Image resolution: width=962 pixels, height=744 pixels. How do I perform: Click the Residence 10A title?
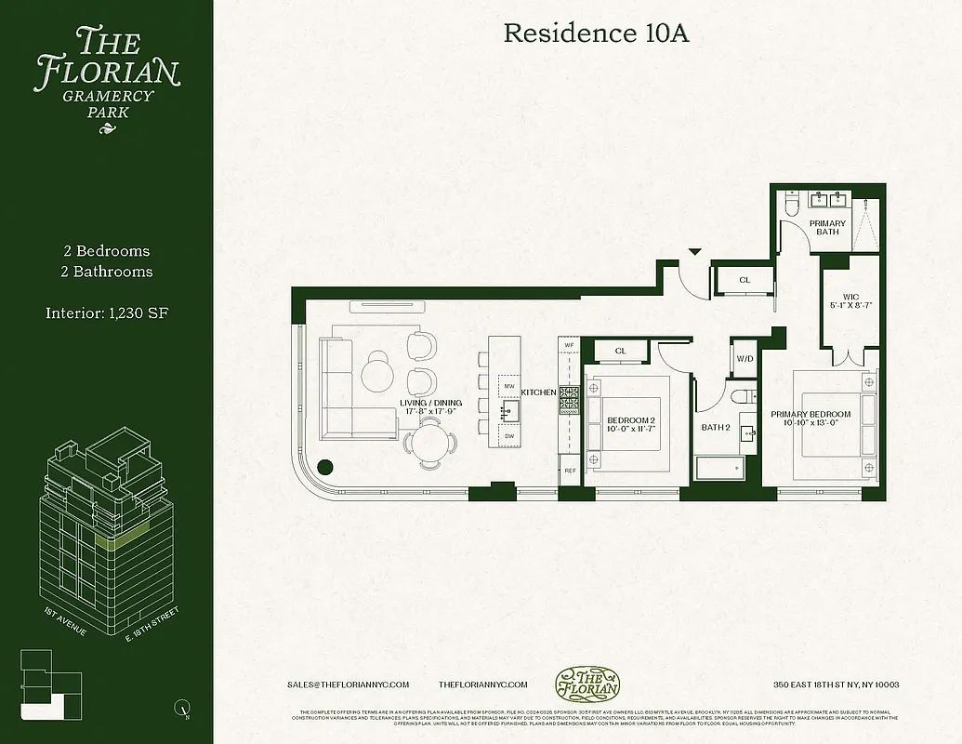pyautogui.click(x=596, y=33)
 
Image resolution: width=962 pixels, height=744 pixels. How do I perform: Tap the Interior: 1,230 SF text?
pyautogui.click(x=107, y=312)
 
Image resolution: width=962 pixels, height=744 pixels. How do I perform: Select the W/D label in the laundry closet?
pyautogui.click(x=745, y=358)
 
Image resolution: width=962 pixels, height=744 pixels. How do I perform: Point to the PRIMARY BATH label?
pyautogui.click(x=827, y=228)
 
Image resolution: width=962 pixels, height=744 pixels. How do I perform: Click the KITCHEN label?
pyautogui.click(x=538, y=392)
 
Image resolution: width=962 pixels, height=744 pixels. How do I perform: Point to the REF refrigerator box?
pyautogui.click(x=569, y=472)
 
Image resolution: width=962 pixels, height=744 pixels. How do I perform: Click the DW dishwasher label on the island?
pyautogui.click(x=508, y=435)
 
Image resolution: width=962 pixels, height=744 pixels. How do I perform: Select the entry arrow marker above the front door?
pyautogui.click(x=694, y=250)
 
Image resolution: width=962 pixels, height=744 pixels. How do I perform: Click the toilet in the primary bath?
pyautogui.click(x=790, y=204)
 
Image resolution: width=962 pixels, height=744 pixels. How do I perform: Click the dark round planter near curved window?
pyautogui.click(x=325, y=468)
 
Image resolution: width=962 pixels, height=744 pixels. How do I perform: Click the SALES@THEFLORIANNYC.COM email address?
pyautogui.click(x=349, y=684)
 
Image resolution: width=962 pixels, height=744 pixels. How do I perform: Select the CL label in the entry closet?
pyautogui.click(x=745, y=280)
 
